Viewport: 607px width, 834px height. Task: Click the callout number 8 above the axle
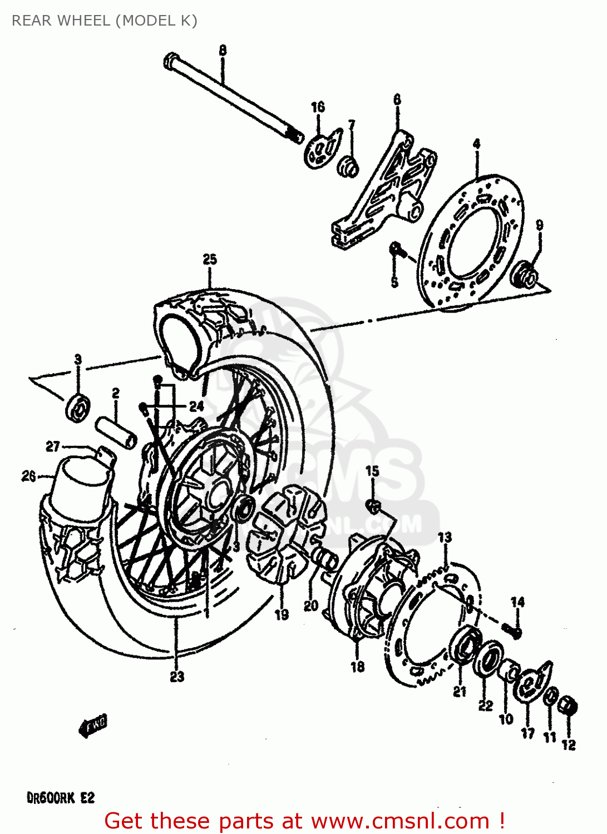coord(223,51)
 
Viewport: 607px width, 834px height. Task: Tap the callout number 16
coord(318,107)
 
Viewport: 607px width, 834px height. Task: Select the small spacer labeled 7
coord(349,166)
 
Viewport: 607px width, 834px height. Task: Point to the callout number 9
coord(539,225)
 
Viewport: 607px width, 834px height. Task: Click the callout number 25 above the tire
coord(210,259)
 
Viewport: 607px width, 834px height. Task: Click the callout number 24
coord(196,406)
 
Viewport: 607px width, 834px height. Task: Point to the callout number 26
coord(28,476)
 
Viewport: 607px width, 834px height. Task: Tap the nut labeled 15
coord(374,505)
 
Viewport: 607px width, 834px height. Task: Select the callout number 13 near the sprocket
coord(445,537)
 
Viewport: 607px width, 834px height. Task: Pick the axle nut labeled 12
coord(568,707)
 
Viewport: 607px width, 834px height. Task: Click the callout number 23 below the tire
coord(177,677)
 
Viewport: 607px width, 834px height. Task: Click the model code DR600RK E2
coord(61,798)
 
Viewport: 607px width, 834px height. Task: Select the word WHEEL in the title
coord(84,21)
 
